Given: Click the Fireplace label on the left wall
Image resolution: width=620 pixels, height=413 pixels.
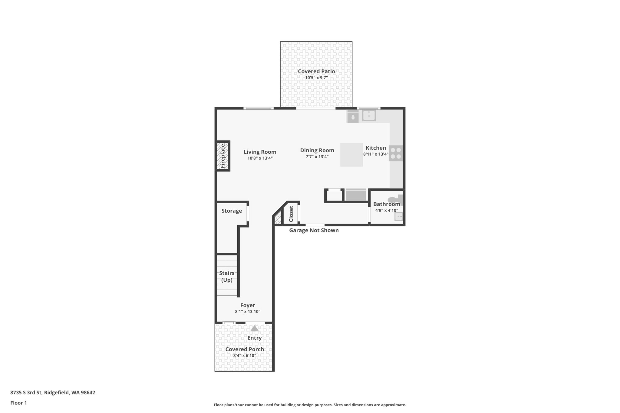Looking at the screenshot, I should (x=223, y=156).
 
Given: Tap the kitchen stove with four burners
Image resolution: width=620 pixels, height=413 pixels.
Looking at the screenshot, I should (x=396, y=153).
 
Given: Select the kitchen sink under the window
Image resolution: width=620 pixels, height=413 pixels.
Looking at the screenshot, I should (x=369, y=115).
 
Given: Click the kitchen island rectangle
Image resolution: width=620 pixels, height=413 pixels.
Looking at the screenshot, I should (x=351, y=155).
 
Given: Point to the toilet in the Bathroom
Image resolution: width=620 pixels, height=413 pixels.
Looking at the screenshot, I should (x=396, y=200).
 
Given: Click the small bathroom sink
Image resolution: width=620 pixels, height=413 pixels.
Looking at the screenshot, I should (x=399, y=216).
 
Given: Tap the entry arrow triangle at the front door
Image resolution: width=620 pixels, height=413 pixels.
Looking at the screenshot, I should (x=254, y=328).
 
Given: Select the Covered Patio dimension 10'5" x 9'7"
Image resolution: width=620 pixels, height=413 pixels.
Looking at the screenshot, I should (x=316, y=78).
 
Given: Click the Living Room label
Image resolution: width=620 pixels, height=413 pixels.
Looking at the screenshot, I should (x=260, y=152).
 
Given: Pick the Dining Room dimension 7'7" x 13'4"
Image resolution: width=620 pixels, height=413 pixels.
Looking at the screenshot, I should (x=317, y=157).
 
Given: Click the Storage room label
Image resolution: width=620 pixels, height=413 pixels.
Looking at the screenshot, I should (x=232, y=211).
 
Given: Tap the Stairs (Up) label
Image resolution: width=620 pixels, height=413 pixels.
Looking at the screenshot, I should (x=227, y=277).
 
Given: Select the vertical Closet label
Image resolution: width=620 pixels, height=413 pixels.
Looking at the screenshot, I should (x=291, y=214).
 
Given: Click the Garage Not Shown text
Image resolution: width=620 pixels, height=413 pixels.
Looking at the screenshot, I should (x=314, y=230).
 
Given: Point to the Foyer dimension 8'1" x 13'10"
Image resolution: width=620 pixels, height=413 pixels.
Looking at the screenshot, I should (x=248, y=312).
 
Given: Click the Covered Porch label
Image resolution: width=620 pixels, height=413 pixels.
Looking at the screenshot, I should (x=245, y=349).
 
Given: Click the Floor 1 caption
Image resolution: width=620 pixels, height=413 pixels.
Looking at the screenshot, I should (x=18, y=403).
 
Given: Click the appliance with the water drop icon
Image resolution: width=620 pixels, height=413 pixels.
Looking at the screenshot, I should (x=353, y=117).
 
